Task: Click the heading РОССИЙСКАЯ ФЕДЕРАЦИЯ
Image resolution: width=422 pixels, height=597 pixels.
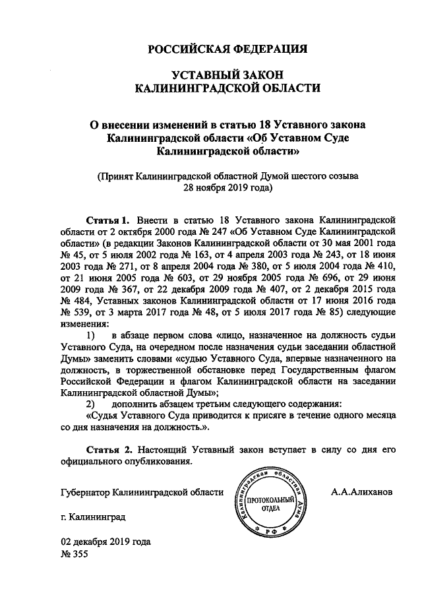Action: pyautogui.click(x=227, y=49)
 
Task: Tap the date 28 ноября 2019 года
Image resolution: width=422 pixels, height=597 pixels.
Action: pyautogui.click(x=227, y=188)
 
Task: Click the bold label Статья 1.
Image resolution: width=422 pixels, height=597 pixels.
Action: pyautogui.click(x=107, y=218)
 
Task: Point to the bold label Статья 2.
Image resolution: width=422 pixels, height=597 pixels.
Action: pyautogui.click(x=107, y=449)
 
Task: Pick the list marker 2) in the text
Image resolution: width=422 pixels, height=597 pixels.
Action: pyautogui.click(x=92, y=403)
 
